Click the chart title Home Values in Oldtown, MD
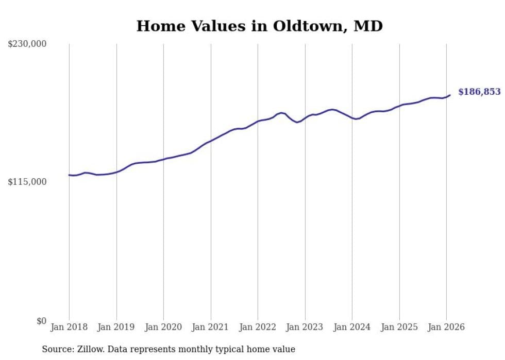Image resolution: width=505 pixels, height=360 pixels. click(x=259, y=26)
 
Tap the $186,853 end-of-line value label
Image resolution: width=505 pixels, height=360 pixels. click(x=479, y=92)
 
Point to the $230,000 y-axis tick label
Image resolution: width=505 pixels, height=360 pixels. click(x=27, y=44)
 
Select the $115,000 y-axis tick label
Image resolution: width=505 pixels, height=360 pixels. click(x=27, y=182)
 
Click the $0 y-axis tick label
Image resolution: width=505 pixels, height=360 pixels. click(x=41, y=321)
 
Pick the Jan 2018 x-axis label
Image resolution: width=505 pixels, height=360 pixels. click(x=69, y=327)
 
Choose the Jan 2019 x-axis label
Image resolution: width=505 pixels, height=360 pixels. click(x=116, y=327)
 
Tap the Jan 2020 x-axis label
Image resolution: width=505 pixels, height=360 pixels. click(x=163, y=327)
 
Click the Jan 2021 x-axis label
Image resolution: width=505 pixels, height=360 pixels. click(x=211, y=327)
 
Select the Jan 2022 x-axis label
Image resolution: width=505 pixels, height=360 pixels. click(x=258, y=327)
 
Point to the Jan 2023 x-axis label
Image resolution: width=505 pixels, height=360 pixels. click(x=305, y=327)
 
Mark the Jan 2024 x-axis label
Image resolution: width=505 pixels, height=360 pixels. click(x=352, y=327)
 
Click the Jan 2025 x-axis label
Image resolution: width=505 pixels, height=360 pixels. click(x=399, y=327)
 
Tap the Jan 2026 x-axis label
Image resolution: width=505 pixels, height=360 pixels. click(x=446, y=327)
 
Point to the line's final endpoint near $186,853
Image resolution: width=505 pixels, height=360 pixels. click(x=450, y=95)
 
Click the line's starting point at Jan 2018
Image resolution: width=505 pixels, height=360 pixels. click(x=69, y=175)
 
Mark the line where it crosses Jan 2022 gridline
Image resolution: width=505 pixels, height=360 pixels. click(x=258, y=121)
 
